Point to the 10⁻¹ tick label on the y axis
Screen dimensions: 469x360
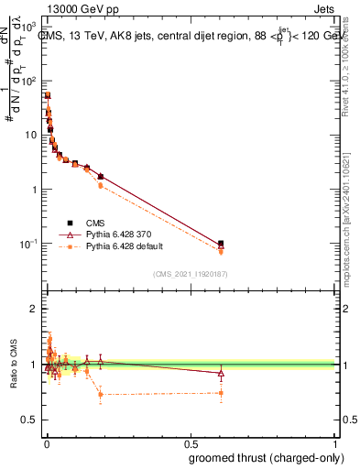[x=27, y=244]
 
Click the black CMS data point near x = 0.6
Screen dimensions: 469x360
[x=221, y=244]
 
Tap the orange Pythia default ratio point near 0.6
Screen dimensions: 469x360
[x=221, y=393]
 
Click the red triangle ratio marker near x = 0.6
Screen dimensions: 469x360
[x=221, y=373]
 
